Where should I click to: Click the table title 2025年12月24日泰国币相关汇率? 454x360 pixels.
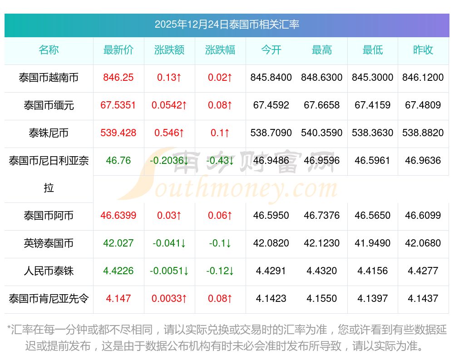[x=227, y=25]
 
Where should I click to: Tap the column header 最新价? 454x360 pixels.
[x=118, y=50]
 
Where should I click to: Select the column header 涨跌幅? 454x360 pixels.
[x=220, y=50]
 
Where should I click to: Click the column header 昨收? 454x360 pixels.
[x=423, y=50]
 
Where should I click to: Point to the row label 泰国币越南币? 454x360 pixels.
[x=49, y=78]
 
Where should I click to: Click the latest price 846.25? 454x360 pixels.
[x=118, y=78]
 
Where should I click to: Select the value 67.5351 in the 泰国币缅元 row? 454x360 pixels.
[x=118, y=105]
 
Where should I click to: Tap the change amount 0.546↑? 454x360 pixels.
[x=169, y=133]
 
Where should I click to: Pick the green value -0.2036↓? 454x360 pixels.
[x=169, y=161]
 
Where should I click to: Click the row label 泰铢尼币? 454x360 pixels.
[x=49, y=133]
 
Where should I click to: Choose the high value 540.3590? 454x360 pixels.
[x=322, y=133]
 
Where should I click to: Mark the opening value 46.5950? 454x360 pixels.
[x=271, y=216]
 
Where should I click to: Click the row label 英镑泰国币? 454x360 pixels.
[x=49, y=243]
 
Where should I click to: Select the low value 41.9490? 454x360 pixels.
[x=373, y=243]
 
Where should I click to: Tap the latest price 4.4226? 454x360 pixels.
[x=118, y=271]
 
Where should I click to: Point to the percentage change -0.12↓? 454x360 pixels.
[x=220, y=271]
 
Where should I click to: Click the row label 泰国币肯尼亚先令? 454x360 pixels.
[x=49, y=299]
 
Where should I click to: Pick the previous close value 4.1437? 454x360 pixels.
[x=423, y=299]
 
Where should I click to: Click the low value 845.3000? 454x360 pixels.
[x=373, y=78]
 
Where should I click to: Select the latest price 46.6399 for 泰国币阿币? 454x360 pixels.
[x=118, y=216]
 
